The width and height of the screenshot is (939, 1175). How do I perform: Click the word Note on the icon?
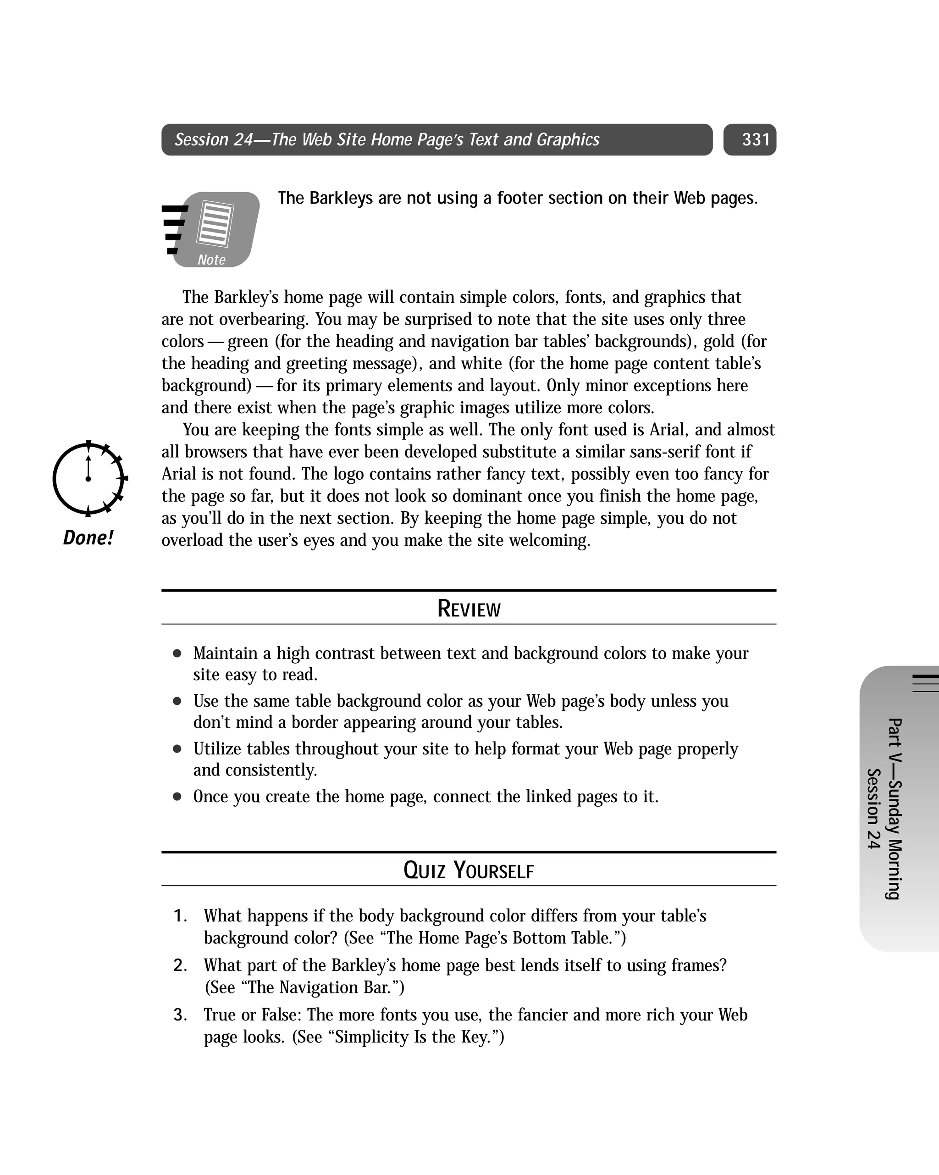tap(211, 260)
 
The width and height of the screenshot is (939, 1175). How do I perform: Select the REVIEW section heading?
tap(469, 609)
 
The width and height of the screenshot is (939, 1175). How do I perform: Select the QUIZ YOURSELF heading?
tap(469, 870)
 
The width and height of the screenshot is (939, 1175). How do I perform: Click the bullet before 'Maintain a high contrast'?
tap(177, 654)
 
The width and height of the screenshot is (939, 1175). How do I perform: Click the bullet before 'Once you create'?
tap(177, 797)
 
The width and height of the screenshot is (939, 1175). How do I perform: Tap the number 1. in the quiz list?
tap(180, 916)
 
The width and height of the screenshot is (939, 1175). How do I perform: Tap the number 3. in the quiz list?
tap(180, 1015)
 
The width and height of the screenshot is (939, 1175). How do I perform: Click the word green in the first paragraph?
tap(248, 342)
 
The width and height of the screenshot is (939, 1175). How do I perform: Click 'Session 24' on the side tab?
tap(873, 809)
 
